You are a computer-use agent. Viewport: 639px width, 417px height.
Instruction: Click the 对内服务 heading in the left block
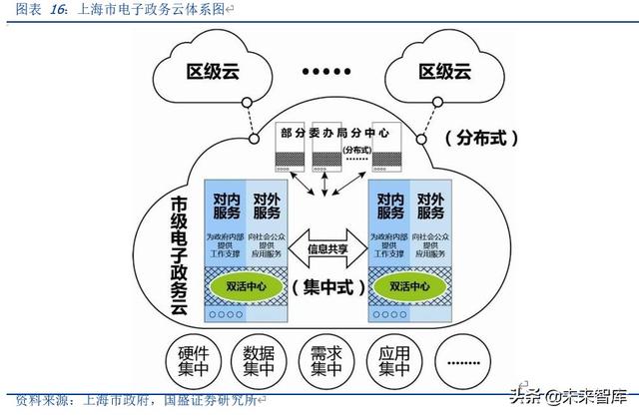point(225,206)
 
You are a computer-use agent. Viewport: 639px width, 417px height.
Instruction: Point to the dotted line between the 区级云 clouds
point(329,72)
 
